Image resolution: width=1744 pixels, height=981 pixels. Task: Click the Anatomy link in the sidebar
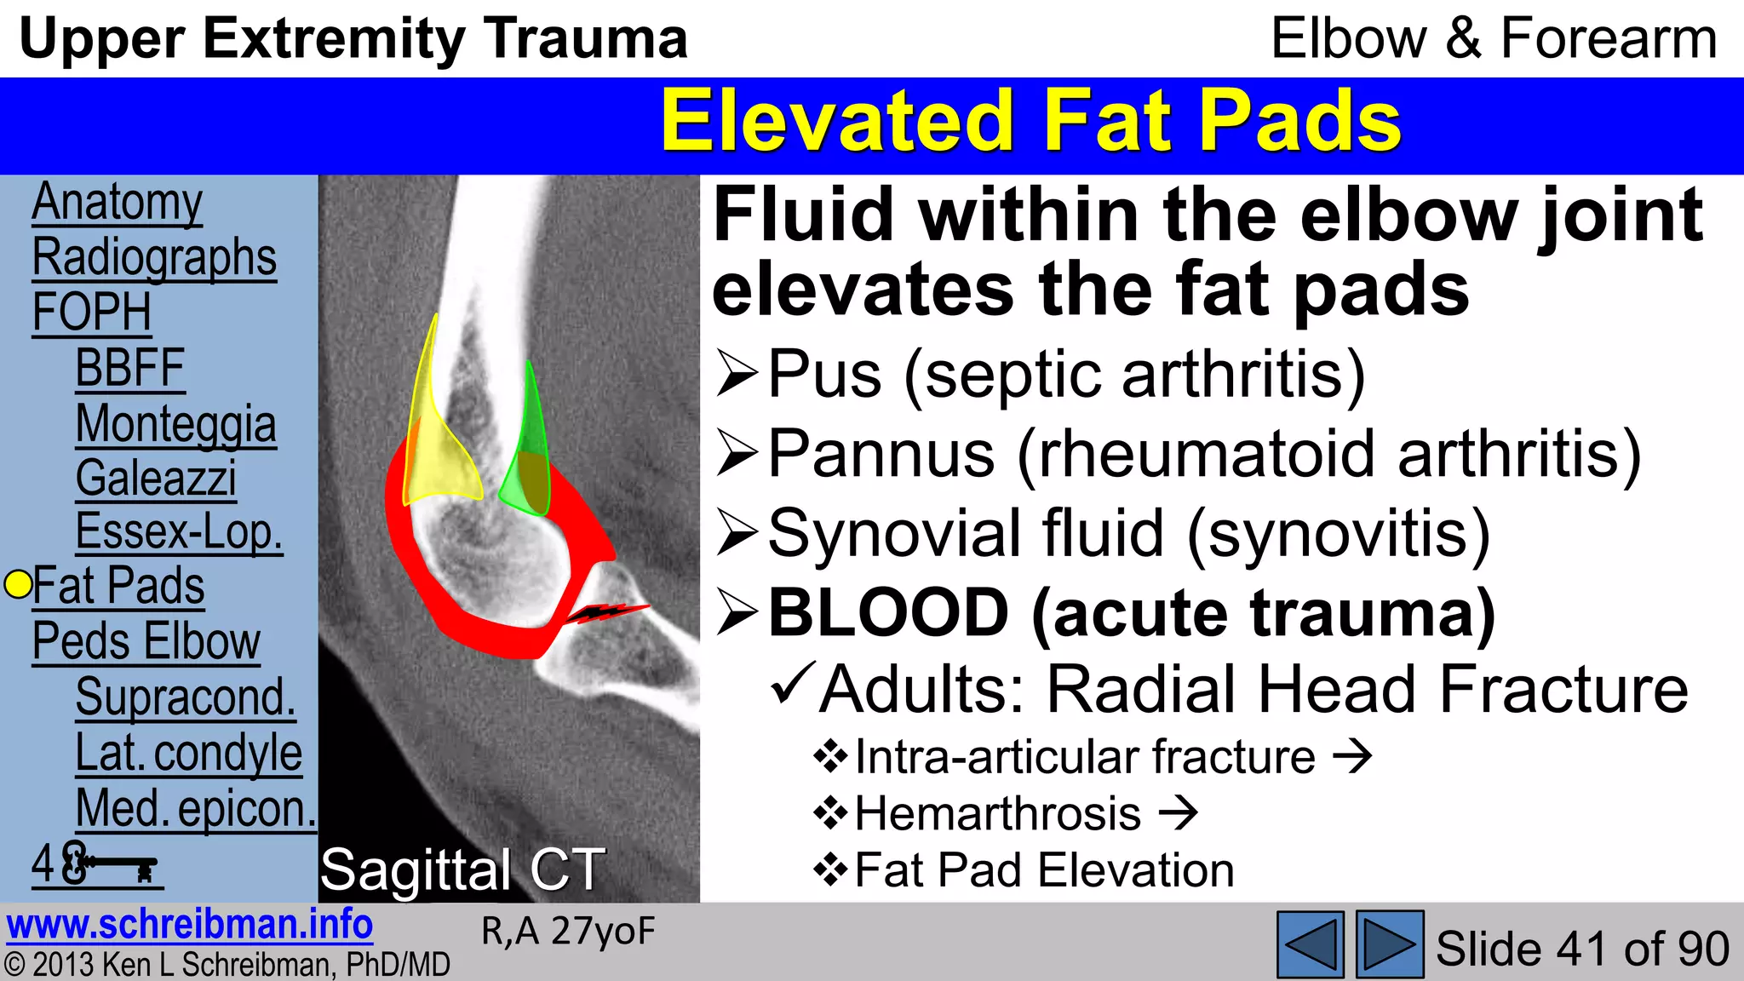[x=118, y=203]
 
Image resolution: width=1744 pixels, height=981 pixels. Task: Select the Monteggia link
[x=175, y=424]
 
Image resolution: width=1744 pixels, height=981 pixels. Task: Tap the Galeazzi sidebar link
[x=156, y=479]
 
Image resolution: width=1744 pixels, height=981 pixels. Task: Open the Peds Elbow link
[x=146, y=641]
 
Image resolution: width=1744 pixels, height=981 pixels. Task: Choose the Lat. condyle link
[x=188, y=753]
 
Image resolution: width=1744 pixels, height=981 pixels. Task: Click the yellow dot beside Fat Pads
[x=18, y=584]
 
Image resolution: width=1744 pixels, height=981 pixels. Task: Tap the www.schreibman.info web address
[x=189, y=925]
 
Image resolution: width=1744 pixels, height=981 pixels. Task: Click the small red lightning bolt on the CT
[x=606, y=611]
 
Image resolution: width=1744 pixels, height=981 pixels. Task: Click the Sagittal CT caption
[x=462, y=870]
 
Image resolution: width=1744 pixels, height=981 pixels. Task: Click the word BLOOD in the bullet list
[x=888, y=612]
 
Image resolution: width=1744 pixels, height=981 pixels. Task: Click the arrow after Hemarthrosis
[x=1178, y=813]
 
